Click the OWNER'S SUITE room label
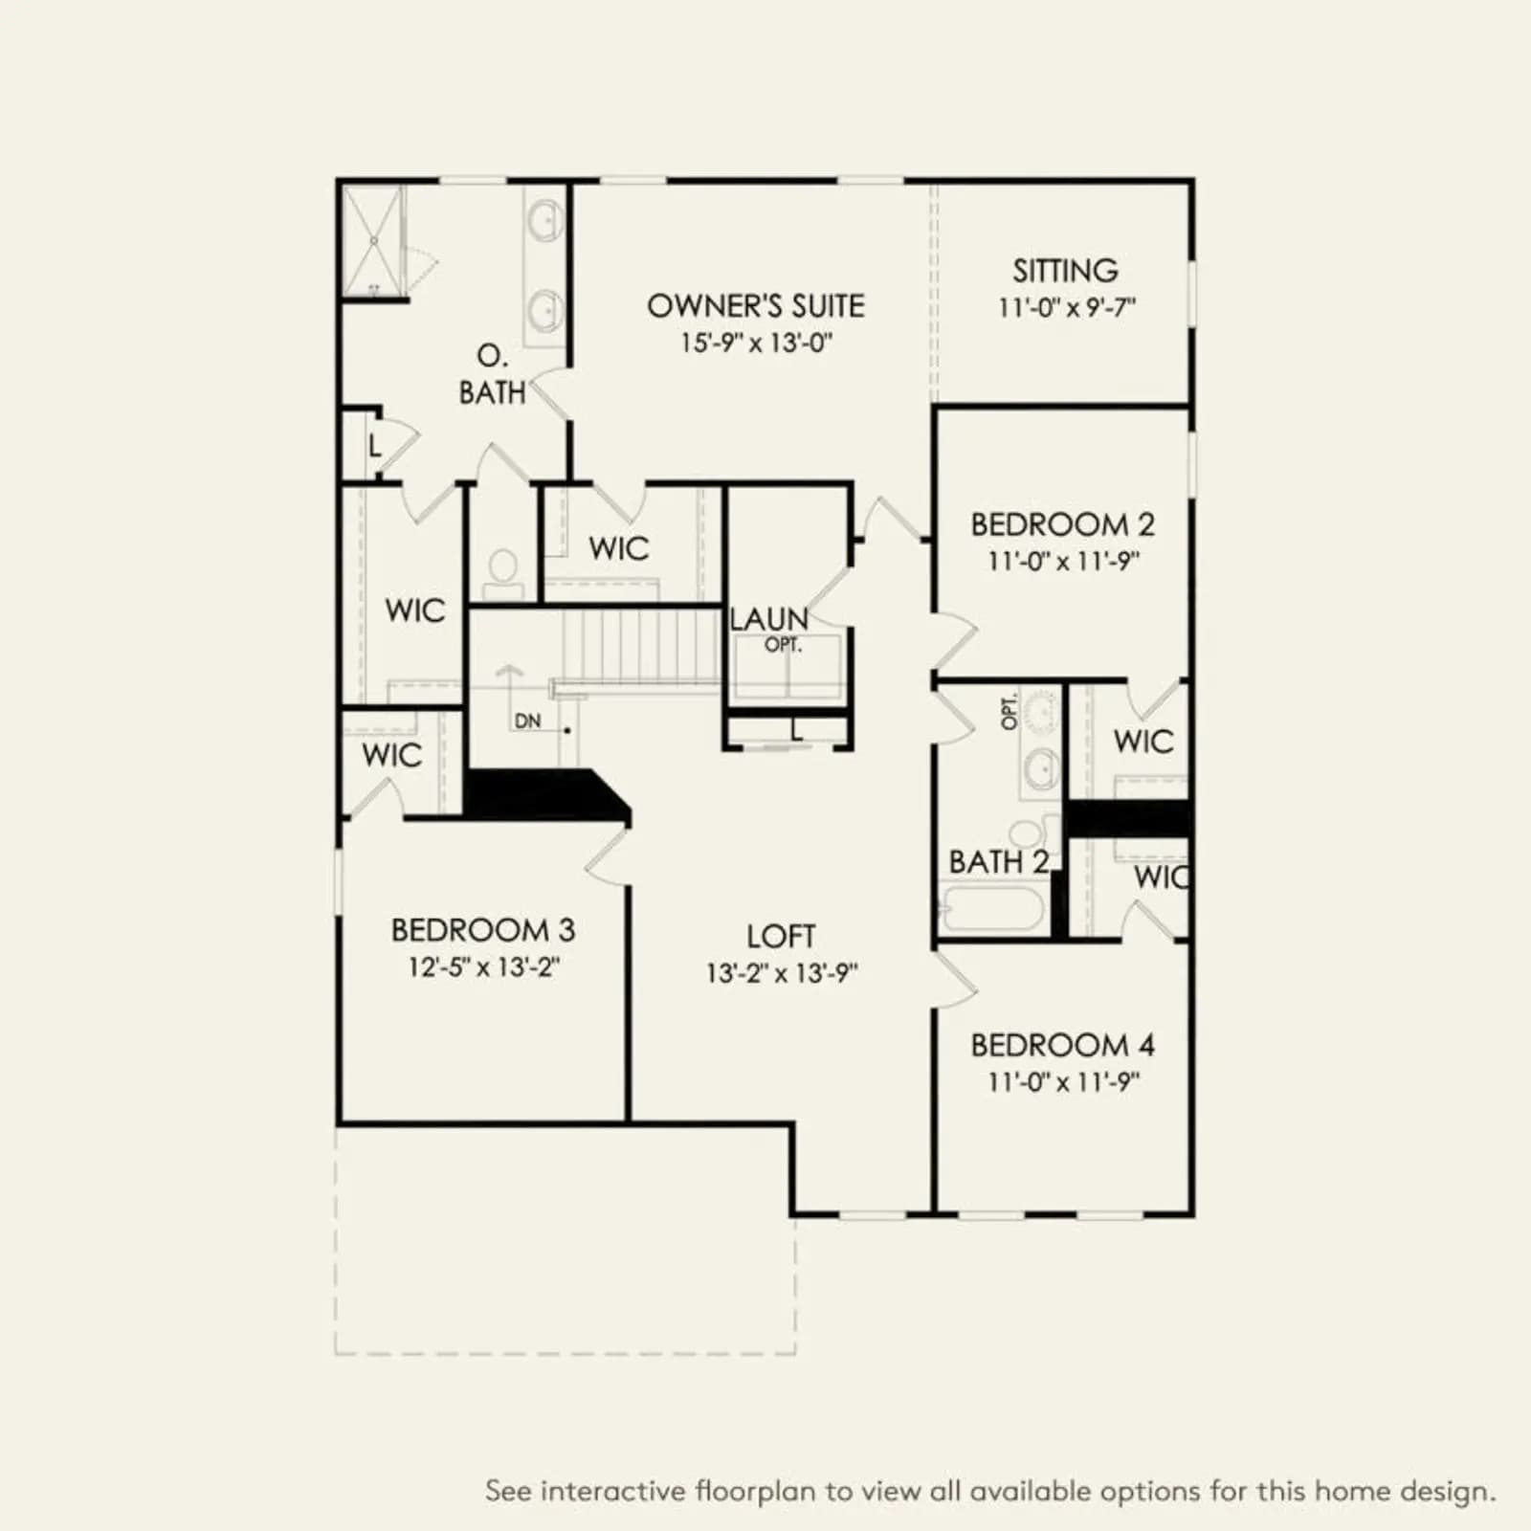pyautogui.click(x=756, y=306)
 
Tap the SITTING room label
pyautogui.click(x=1066, y=271)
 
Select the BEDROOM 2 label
pyautogui.click(x=1063, y=524)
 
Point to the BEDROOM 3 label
pyautogui.click(x=483, y=930)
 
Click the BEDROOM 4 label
pyautogui.click(x=1063, y=1045)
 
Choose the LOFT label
pyautogui.click(x=782, y=936)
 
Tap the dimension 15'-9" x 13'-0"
pyautogui.click(x=757, y=343)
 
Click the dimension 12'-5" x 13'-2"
pyautogui.click(x=484, y=966)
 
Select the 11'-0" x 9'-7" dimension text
pyautogui.click(x=1067, y=307)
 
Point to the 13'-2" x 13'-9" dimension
pyautogui.click(x=783, y=973)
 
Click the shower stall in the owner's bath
pyautogui.click(x=373, y=241)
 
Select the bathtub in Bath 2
pyautogui.click(x=991, y=908)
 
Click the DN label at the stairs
pyautogui.click(x=527, y=721)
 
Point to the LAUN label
pyautogui.click(x=769, y=619)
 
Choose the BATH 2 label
pyautogui.click(x=999, y=862)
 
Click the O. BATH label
pyautogui.click(x=492, y=374)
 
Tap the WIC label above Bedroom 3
pyautogui.click(x=392, y=755)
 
